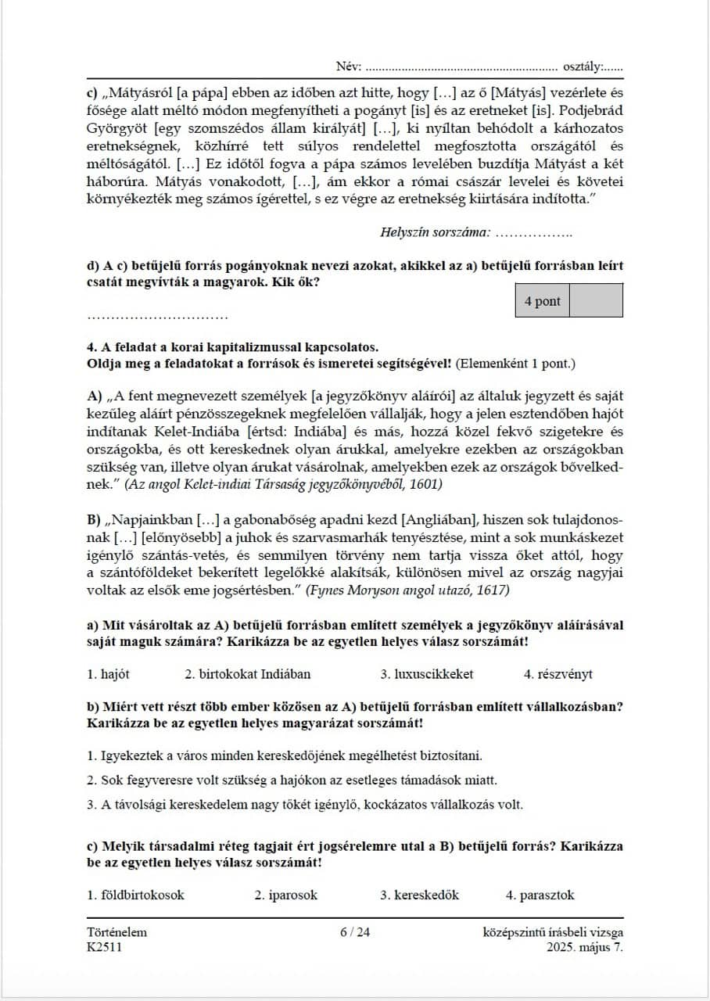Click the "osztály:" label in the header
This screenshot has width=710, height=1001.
pyautogui.click(x=582, y=66)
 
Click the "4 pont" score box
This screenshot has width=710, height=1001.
pyautogui.click(x=543, y=301)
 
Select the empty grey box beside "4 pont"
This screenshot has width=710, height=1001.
pyautogui.click(x=596, y=301)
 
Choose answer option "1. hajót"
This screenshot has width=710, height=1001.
pyautogui.click(x=109, y=674)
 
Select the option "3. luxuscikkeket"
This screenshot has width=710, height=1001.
pyautogui.click(x=427, y=674)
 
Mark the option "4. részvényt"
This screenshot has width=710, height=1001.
pyautogui.click(x=559, y=674)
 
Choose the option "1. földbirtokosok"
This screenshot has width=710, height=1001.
pyautogui.click(x=136, y=895)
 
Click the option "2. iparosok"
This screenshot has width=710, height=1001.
pyautogui.click(x=286, y=895)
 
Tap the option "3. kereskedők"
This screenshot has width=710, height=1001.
pyautogui.click(x=420, y=895)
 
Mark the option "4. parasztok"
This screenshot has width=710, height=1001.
pyautogui.click(x=540, y=895)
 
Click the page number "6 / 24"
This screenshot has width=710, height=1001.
pyautogui.click(x=355, y=932)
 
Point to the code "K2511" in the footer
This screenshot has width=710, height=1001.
pyautogui.click(x=105, y=947)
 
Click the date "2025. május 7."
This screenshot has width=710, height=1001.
pyautogui.click(x=586, y=947)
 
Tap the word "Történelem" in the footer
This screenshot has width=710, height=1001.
pyautogui.click(x=117, y=932)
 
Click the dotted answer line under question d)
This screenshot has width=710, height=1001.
pyautogui.click(x=157, y=317)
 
